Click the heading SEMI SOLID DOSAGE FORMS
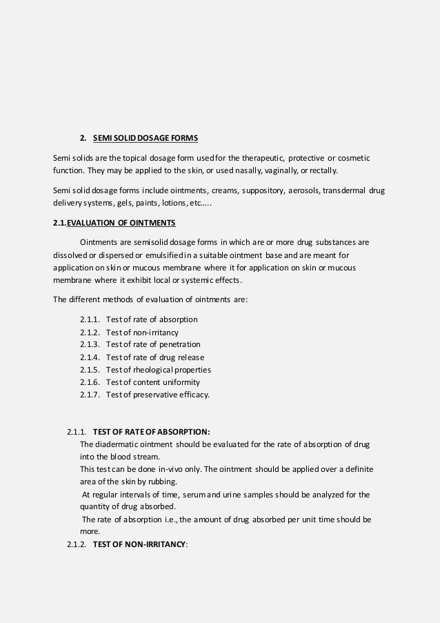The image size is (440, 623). coord(145,139)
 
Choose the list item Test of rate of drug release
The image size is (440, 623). coord(151,357)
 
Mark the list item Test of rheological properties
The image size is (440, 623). coord(154,369)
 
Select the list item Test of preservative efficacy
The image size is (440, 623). coord(154,394)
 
